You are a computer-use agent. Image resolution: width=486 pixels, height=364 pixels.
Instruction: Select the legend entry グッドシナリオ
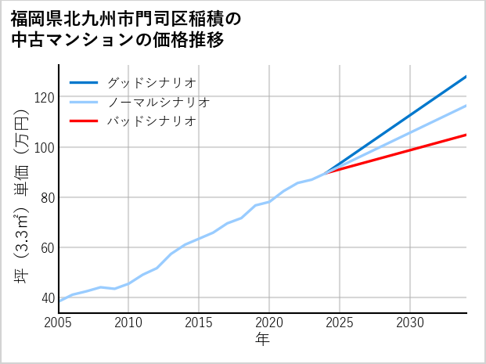pos(152,82)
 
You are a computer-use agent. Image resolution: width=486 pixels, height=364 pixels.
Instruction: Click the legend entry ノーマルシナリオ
pos(159,102)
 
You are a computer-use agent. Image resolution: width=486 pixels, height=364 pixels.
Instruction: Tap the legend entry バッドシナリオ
pos(152,121)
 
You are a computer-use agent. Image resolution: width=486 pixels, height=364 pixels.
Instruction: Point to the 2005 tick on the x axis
pos(58,323)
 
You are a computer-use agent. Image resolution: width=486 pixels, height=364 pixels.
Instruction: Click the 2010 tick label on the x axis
pos(128,323)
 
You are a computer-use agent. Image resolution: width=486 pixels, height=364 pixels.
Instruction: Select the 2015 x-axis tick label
pos(199,323)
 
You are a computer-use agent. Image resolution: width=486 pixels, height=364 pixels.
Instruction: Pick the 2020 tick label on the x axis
pos(269,323)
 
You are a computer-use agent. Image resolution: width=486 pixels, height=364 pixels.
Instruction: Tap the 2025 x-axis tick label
pos(340,323)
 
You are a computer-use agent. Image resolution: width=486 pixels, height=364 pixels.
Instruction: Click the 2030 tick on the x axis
pos(410,323)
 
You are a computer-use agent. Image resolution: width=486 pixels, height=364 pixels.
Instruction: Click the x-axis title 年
pos(263,340)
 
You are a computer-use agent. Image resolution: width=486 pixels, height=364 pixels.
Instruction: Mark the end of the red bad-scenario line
pos(466,135)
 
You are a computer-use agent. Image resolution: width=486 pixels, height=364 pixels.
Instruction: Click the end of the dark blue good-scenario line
pos(466,76)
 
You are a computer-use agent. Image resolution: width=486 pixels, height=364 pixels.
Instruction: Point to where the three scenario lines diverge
pos(326,172)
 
